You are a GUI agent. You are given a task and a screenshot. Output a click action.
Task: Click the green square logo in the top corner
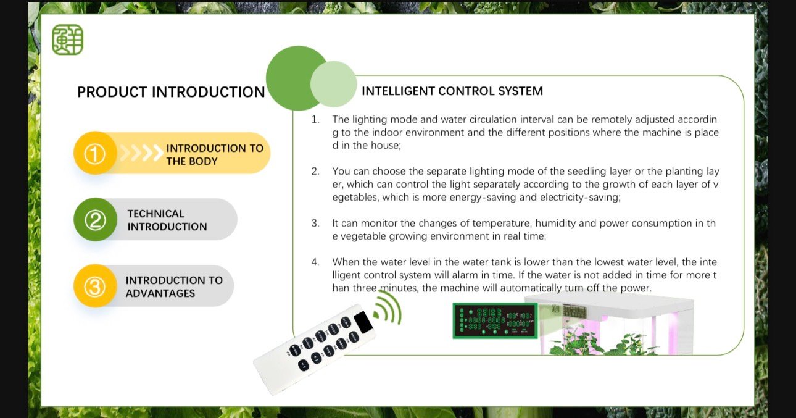pos(67,40)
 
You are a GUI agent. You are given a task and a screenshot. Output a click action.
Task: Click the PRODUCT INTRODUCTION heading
pos(171,92)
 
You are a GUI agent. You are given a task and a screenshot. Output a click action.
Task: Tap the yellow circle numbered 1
pos(94,153)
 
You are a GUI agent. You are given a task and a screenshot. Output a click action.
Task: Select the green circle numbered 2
pos(94,220)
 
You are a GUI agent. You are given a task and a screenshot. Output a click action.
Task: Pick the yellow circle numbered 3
pos(94,286)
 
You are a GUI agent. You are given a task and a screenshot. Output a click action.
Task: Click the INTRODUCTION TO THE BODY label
pos(215,154)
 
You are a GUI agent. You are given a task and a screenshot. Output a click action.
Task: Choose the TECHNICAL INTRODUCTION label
pos(167,220)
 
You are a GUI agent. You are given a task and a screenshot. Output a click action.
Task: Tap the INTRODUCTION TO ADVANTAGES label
pos(174,286)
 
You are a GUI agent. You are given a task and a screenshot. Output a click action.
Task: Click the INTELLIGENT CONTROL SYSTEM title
pos(452,91)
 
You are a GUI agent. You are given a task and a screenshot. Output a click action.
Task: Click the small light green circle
pos(334,84)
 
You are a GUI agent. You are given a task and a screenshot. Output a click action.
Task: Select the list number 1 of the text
pos(315,119)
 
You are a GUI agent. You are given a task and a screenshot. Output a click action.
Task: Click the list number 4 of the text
pos(315,262)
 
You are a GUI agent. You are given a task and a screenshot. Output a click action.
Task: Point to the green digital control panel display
pos(495,320)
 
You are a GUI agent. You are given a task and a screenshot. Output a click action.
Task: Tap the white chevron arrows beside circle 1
pos(141,153)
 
